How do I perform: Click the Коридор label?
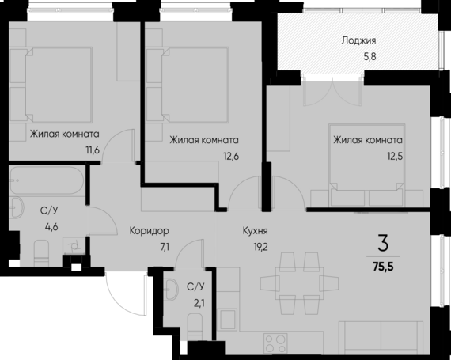tap(150, 231)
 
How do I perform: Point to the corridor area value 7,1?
tap(164, 246)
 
